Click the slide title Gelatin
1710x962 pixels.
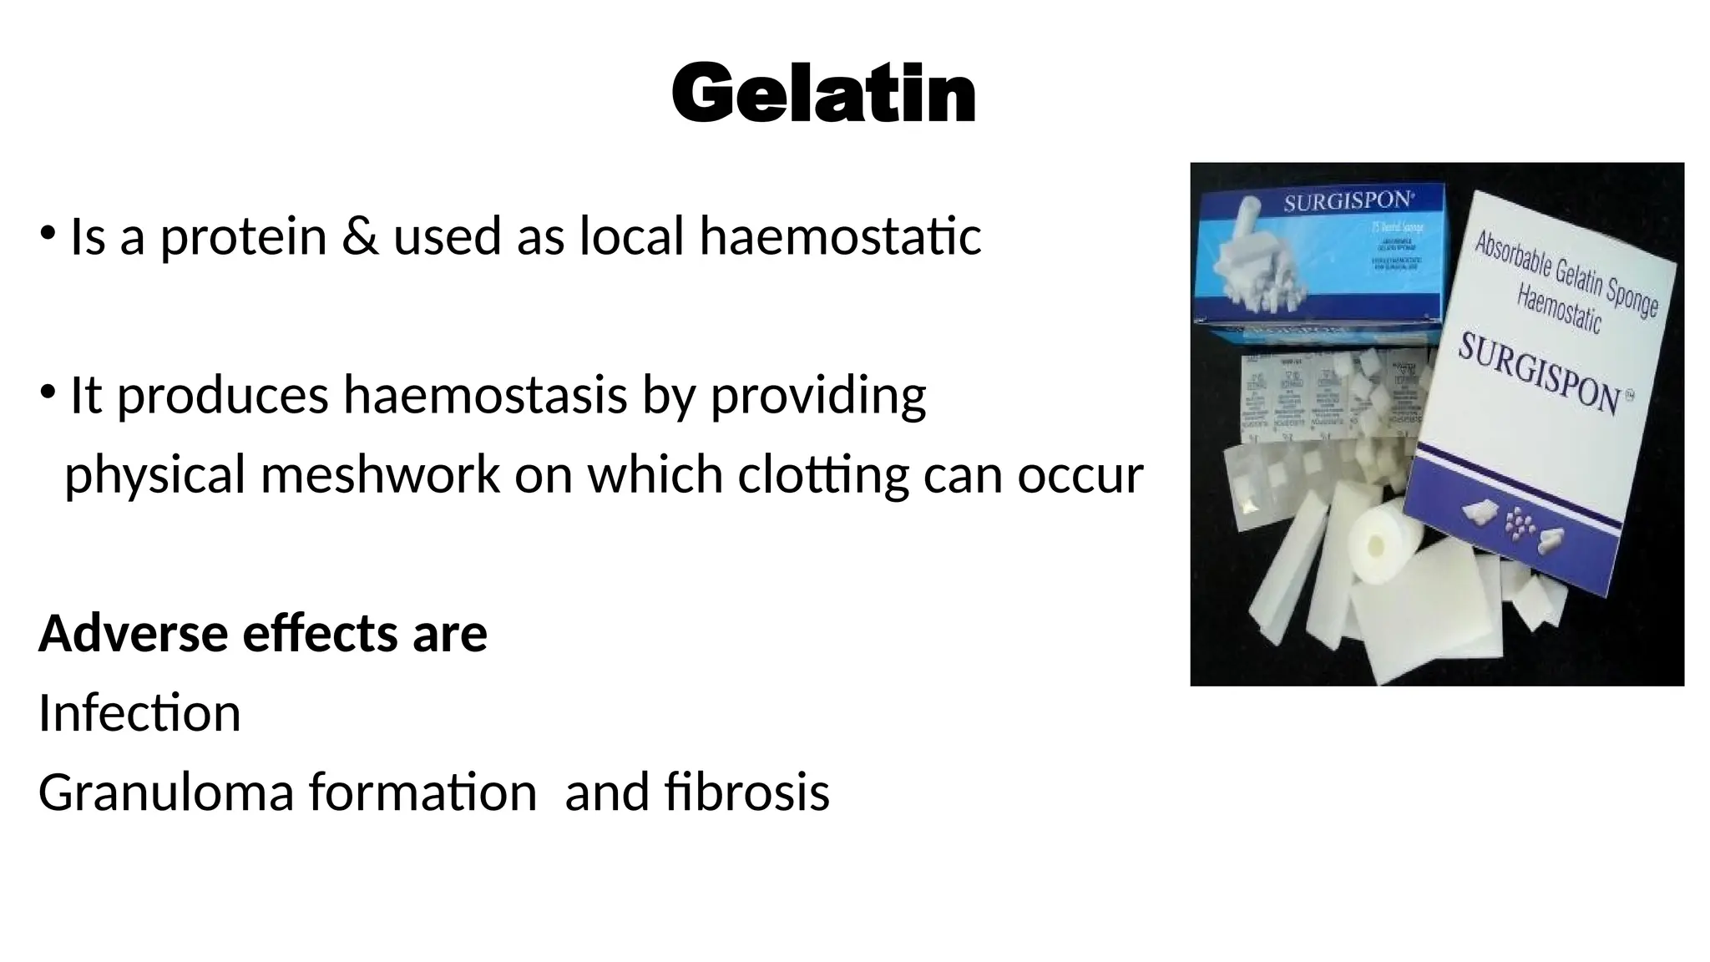coord(823,94)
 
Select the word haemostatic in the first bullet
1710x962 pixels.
coord(840,235)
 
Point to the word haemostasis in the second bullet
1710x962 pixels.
coord(485,395)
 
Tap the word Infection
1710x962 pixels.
coord(139,714)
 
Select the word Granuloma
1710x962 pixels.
coord(166,792)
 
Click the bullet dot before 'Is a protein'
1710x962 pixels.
coord(47,231)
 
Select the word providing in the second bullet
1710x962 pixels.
coord(817,395)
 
